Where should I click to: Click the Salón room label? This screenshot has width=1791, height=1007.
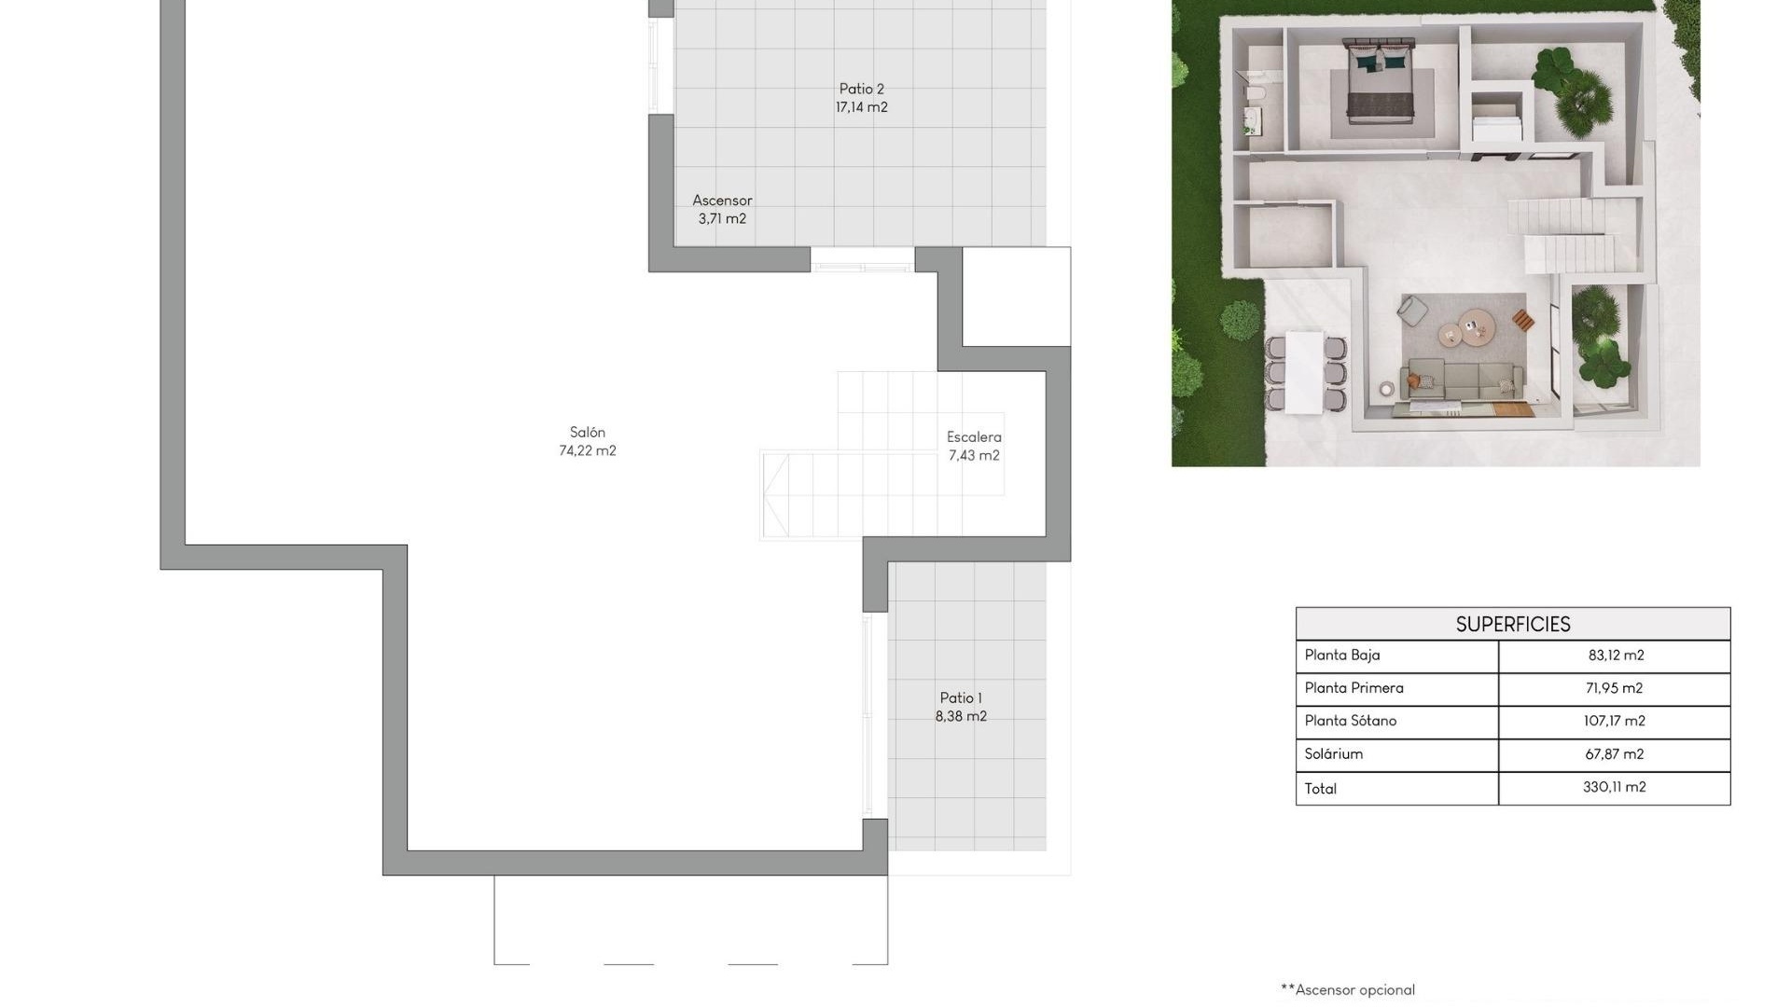point(588,433)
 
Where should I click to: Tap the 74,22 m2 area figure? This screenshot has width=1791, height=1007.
point(588,451)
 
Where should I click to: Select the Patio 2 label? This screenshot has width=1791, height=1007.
point(861,90)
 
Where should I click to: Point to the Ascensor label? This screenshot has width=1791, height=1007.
point(722,200)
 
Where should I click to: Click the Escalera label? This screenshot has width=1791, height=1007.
point(974,437)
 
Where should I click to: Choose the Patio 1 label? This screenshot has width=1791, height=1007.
point(961,698)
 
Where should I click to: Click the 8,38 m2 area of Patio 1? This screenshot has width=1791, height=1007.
point(961,717)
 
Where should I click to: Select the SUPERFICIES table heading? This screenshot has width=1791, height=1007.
point(1512,625)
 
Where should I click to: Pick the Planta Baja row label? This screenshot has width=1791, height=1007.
point(1342,655)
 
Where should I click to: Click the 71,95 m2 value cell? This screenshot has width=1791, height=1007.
point(1614,688)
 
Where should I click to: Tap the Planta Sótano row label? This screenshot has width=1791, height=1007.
point(1351,721)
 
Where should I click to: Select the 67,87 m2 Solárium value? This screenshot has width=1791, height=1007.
point(1614,754)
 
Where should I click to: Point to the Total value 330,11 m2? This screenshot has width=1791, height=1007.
point(1614,788)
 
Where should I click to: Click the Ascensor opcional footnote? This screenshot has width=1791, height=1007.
point(1348,990)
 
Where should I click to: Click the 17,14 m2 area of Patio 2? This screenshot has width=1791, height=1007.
point(861,108)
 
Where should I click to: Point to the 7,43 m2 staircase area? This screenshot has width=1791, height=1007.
point(974,456)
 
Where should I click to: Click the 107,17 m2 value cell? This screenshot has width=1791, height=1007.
point(1614,721)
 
